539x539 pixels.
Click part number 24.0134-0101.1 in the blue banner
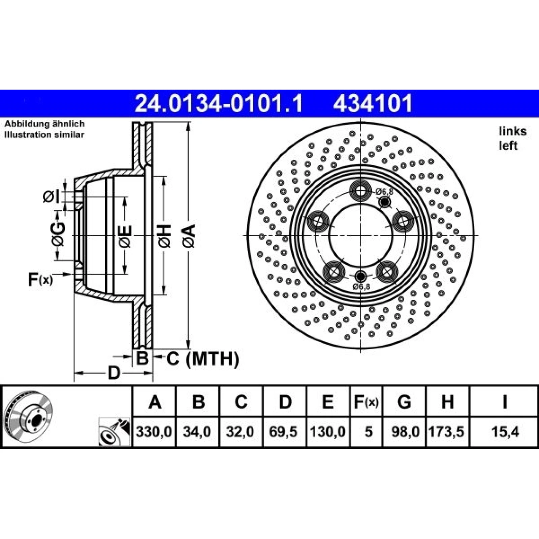[219, 103]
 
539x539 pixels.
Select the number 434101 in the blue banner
[373, 103]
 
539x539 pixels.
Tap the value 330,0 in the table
[154, 432]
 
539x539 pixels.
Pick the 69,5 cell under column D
[283, 432]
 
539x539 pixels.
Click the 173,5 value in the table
[446, 432]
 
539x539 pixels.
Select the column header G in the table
[404, 402]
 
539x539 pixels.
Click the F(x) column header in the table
[367, 402]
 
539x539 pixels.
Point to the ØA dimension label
[190, 236]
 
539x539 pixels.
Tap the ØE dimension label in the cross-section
[125, 236]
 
